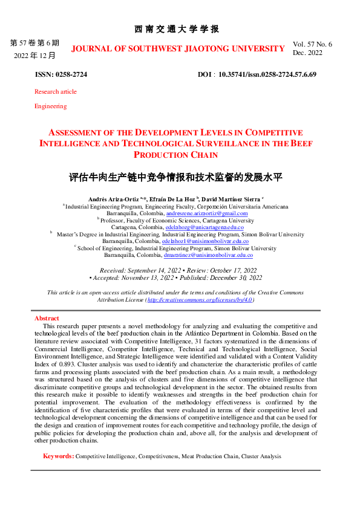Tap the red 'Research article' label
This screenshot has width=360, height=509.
(x=56, y=91)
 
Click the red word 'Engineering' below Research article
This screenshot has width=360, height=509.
(x=50, y=106)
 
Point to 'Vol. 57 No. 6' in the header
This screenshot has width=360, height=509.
(x=312, y=44)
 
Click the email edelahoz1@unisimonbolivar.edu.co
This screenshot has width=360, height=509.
(x=205, y=241)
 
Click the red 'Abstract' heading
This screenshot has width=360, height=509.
(x=47, y=318)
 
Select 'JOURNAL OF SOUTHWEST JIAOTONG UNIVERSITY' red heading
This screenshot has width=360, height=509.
(x=177, y=48)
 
